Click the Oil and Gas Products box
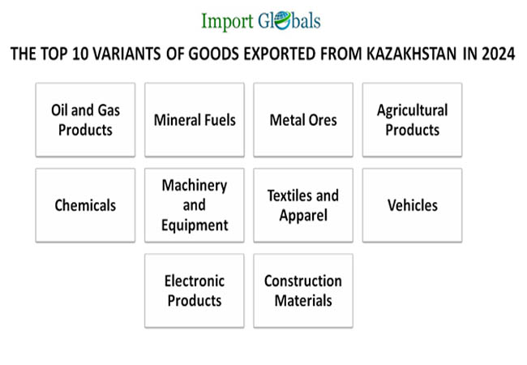point(85,120)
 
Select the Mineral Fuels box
point(195,120)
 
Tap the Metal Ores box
point(303,120)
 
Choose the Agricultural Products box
point(412,120)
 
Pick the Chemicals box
point(85,205)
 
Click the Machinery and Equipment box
point(195,205)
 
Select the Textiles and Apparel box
point(303,205)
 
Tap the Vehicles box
point(412,205)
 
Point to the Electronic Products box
point(195,290)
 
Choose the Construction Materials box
point(303,290)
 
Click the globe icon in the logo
point(282,20)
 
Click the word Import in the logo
point(227,21)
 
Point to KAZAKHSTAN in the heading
point(411,54)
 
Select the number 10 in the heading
point(80,54)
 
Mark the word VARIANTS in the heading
point(126,54)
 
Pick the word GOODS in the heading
point(214,54)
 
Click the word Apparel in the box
point(303,216)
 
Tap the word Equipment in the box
point(195,225)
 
